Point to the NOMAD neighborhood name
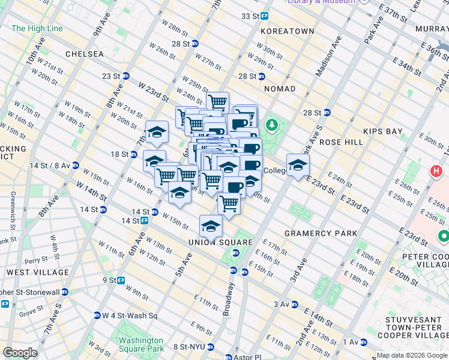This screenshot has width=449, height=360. coord(280,89)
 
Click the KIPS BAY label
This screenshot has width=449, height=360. coord(382,131)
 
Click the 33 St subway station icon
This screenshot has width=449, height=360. coord(264,16)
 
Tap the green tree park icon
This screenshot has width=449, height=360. coord(273,125)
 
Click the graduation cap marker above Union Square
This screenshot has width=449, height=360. coord(211,226)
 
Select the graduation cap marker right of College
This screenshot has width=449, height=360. coord(297,165)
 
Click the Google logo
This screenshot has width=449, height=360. coord(20,353)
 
